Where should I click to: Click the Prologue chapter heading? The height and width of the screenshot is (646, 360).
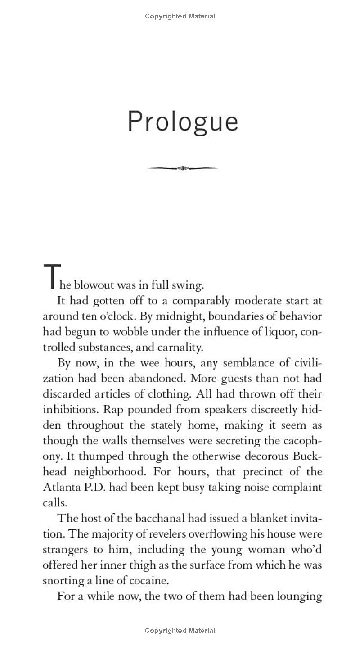[183, 122]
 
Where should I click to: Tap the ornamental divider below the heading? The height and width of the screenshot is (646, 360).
[182, 168]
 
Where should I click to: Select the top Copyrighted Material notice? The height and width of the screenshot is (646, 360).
[180, 16]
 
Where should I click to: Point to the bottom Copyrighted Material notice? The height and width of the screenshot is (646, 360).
[180, 631]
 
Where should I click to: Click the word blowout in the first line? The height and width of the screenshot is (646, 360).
[94, 285]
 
